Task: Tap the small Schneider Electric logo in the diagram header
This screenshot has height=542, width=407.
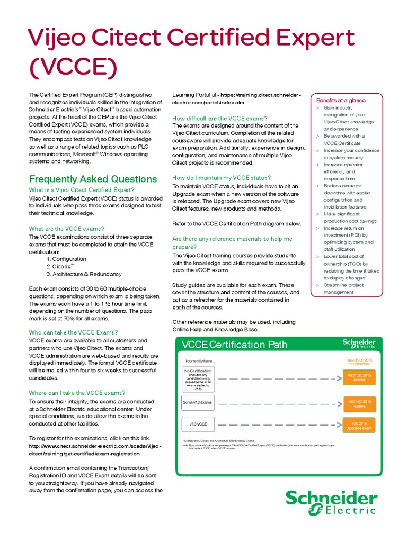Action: click(359, 344)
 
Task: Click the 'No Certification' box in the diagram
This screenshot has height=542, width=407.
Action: click(198, 379)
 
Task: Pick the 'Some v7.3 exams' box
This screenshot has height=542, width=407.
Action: click(197, 402)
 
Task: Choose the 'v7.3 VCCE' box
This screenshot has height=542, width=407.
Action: click(198, 424)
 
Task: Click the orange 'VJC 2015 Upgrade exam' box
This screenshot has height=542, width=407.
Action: click(359, 426)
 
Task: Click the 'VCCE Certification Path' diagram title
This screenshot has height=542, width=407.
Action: click(234, 345)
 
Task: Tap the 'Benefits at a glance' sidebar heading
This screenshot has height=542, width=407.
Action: click(341, 100)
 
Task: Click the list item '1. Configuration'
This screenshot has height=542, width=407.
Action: click(66, 259)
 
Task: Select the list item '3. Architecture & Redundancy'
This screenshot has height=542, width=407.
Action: click(84, 274)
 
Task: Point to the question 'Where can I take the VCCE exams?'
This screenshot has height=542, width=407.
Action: click(77, 393)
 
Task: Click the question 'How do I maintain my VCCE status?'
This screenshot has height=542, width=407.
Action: click(222, 178)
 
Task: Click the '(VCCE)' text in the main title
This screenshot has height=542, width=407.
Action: click(72, 67)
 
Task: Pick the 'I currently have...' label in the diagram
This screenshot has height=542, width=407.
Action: click(200, 361)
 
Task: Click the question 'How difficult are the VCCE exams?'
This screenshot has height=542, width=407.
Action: click(220, 118)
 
